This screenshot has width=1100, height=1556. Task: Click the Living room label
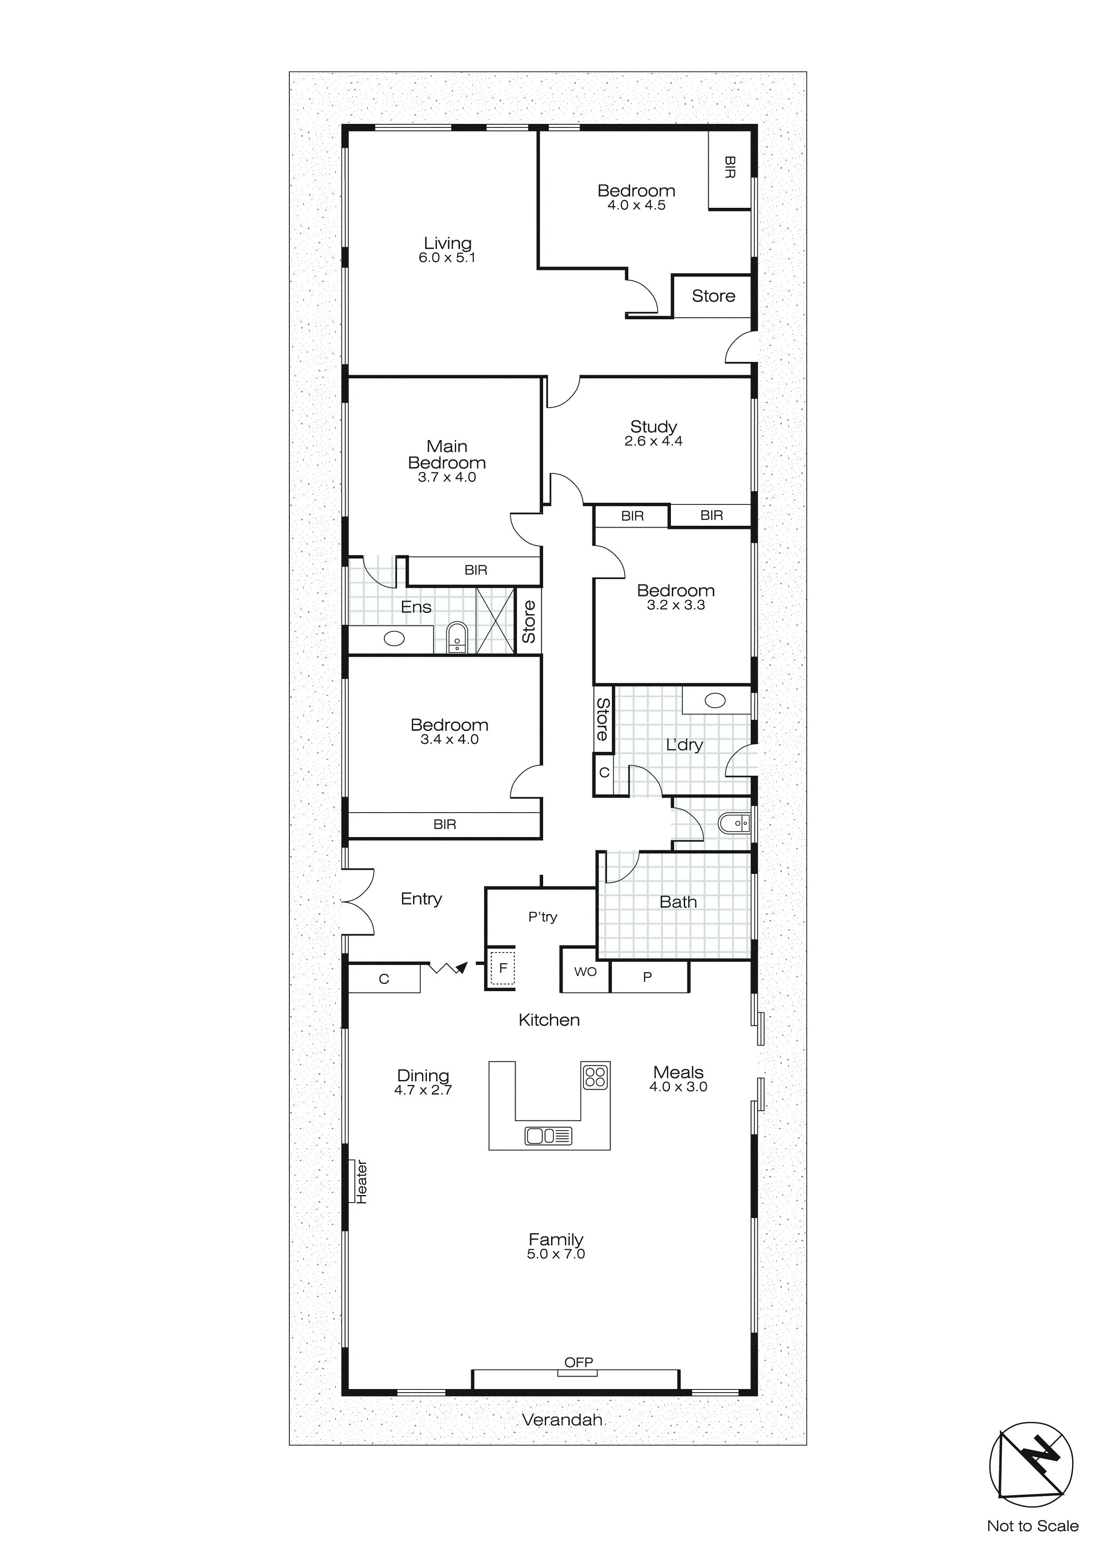point(447,243)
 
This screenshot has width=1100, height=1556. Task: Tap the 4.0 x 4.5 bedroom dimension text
point(636,205)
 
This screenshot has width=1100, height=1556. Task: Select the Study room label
point(653,426)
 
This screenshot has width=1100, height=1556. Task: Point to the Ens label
point(416,607)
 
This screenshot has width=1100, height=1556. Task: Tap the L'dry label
point(684,745)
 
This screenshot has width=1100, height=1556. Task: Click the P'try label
point(543,917)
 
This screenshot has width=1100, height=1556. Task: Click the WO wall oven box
point(585,972)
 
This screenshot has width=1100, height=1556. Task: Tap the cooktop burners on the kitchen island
point(595,1077)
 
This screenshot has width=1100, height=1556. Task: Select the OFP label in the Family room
point(579,1362)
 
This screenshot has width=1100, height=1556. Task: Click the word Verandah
point(562,1420)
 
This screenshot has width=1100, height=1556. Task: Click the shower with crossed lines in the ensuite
point(495,621)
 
